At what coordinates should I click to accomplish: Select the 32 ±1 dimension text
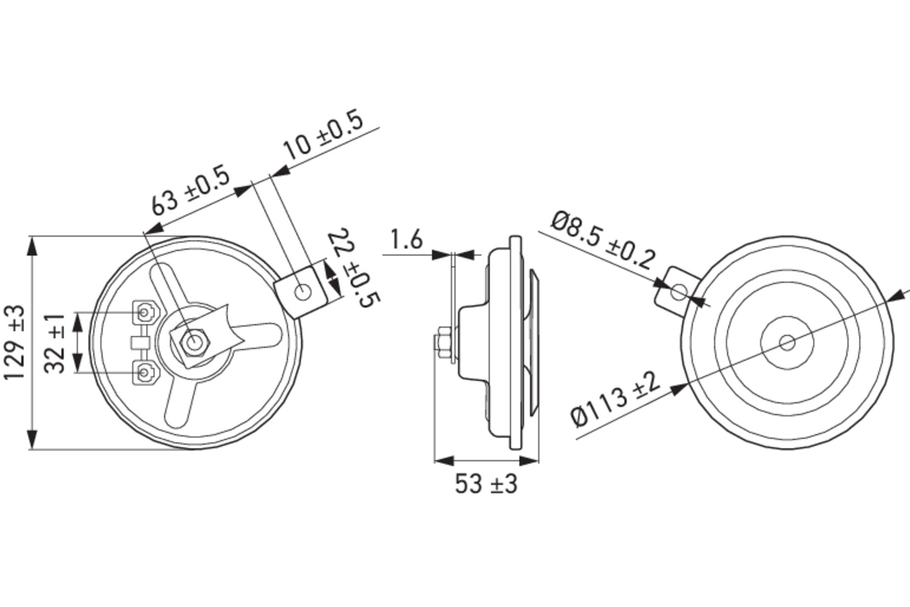[56, 344]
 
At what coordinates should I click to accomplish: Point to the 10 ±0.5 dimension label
[323, 136]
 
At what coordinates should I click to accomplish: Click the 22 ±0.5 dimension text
[354, 268]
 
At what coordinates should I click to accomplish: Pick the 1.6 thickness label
[406, 240]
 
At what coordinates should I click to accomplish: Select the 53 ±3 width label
[486, 484]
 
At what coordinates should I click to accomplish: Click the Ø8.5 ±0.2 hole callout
[604, 240]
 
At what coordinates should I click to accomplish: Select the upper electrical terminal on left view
[144, 313]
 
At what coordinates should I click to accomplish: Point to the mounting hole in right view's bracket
[678, 292]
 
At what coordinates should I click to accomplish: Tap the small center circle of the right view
[787, 343]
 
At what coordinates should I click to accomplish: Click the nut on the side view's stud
[442, 344]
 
